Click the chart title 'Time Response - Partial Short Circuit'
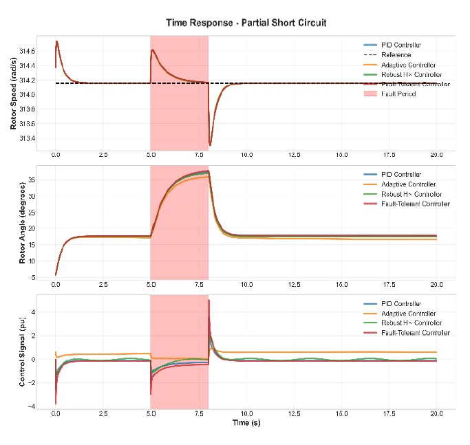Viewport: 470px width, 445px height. click(x=246, y=23)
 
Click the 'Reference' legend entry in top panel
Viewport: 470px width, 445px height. click(x=396, y=55)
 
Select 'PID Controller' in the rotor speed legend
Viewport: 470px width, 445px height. click(x=401, y=45)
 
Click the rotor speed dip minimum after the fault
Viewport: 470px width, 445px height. click(x=211, y=145)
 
